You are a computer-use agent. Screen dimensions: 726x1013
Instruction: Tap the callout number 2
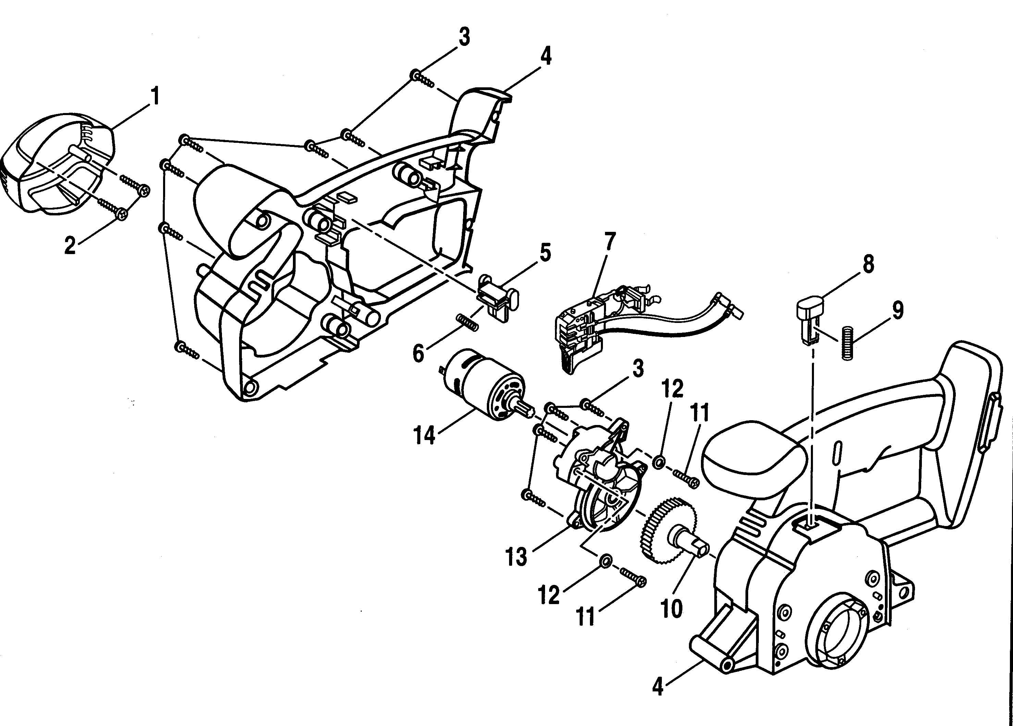70,246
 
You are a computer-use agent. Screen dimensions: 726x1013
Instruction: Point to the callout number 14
424,435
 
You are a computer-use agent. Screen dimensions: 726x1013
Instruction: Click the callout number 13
516,557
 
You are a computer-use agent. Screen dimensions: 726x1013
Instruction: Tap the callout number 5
545,253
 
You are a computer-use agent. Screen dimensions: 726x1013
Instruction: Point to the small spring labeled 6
467,322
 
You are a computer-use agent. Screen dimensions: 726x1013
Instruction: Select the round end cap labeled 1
58,167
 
